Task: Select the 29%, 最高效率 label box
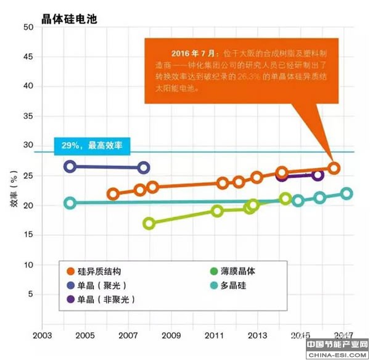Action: tap(93, 146)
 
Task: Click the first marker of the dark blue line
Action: tap(70, 166)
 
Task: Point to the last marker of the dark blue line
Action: tap(143, 167)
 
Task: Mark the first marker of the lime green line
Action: tap(149, 223)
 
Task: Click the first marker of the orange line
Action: tap(113, 194)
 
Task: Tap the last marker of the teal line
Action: tap(347, 193)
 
